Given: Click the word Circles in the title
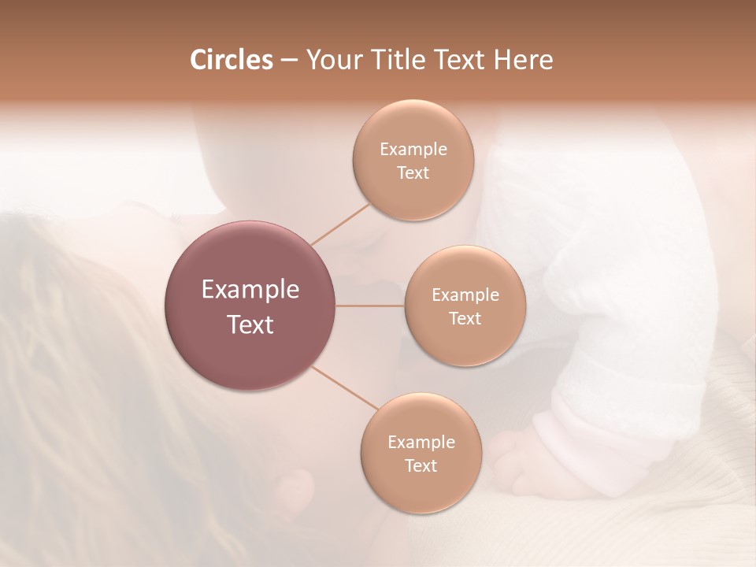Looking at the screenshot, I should tap(231, 60).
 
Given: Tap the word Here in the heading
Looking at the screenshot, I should tap(523, 60).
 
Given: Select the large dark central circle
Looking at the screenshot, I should tap(250, 306).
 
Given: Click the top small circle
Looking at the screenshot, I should tap(413, 160).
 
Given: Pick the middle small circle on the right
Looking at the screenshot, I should tap(465, 306).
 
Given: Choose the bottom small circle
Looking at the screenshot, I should tap(421, 453).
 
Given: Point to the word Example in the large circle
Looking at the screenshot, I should tap(250, 290).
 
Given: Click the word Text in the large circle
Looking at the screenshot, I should tap(250, 324).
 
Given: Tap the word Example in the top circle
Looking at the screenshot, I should tap(413, 150).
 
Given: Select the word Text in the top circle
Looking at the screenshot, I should tap(413, 172).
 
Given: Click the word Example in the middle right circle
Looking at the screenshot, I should tap(465, 295).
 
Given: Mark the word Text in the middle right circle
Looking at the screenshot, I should tap(465, 318).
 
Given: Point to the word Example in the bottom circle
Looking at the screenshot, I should tap(421, 442).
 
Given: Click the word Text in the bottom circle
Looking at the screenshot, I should tap(421, 465).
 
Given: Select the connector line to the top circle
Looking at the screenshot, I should tap(340, 224).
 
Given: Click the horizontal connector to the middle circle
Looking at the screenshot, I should tap(370, 306).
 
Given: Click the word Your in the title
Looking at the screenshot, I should tap(331, 60).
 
